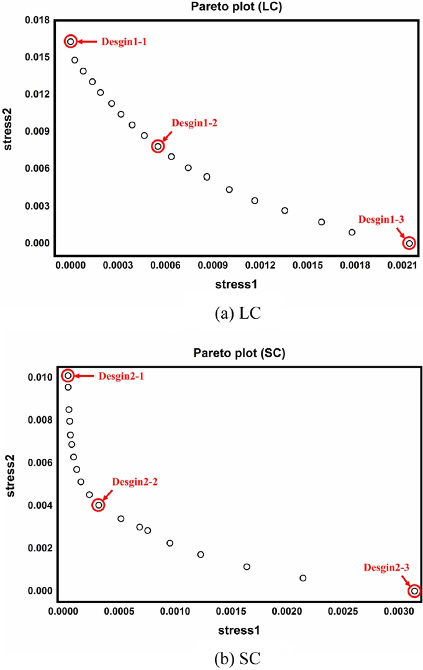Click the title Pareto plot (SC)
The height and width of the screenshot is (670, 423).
238,354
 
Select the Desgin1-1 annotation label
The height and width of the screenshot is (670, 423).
124,42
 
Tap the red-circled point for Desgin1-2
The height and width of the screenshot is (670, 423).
158,147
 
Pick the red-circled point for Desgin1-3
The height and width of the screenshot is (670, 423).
409,243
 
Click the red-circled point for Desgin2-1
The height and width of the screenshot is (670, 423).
68,375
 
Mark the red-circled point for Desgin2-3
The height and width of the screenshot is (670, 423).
414,591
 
